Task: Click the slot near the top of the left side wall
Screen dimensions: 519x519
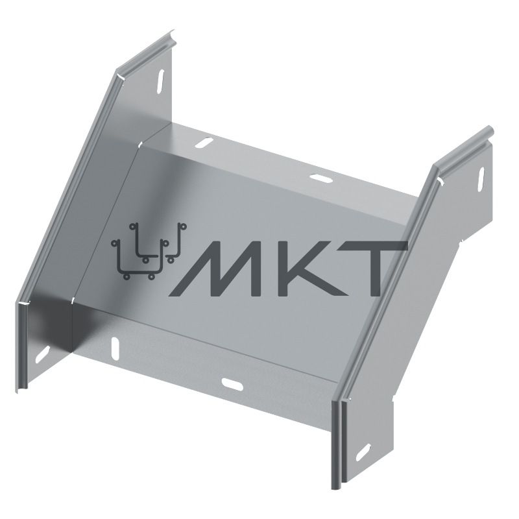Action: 160,82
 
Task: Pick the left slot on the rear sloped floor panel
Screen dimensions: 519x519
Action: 204,143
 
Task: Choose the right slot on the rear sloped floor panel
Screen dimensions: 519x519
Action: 320,178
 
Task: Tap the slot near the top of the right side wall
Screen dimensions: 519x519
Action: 479,180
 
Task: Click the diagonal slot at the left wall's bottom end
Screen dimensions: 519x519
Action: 42,354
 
